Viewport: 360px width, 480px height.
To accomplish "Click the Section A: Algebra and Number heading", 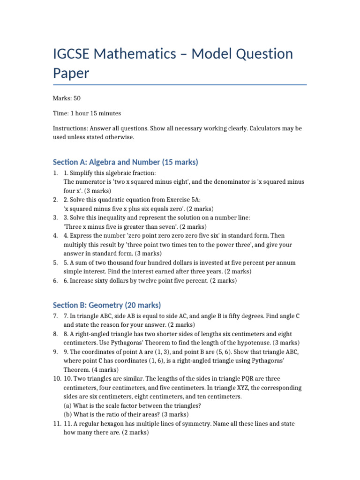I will [x=126, y=162].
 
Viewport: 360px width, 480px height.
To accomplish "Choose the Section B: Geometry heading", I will [x=107, y=305].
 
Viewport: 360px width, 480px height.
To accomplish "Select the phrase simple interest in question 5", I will [x=81, y=271].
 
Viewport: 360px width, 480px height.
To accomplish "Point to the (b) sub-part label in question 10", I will [x=68, y=414].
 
